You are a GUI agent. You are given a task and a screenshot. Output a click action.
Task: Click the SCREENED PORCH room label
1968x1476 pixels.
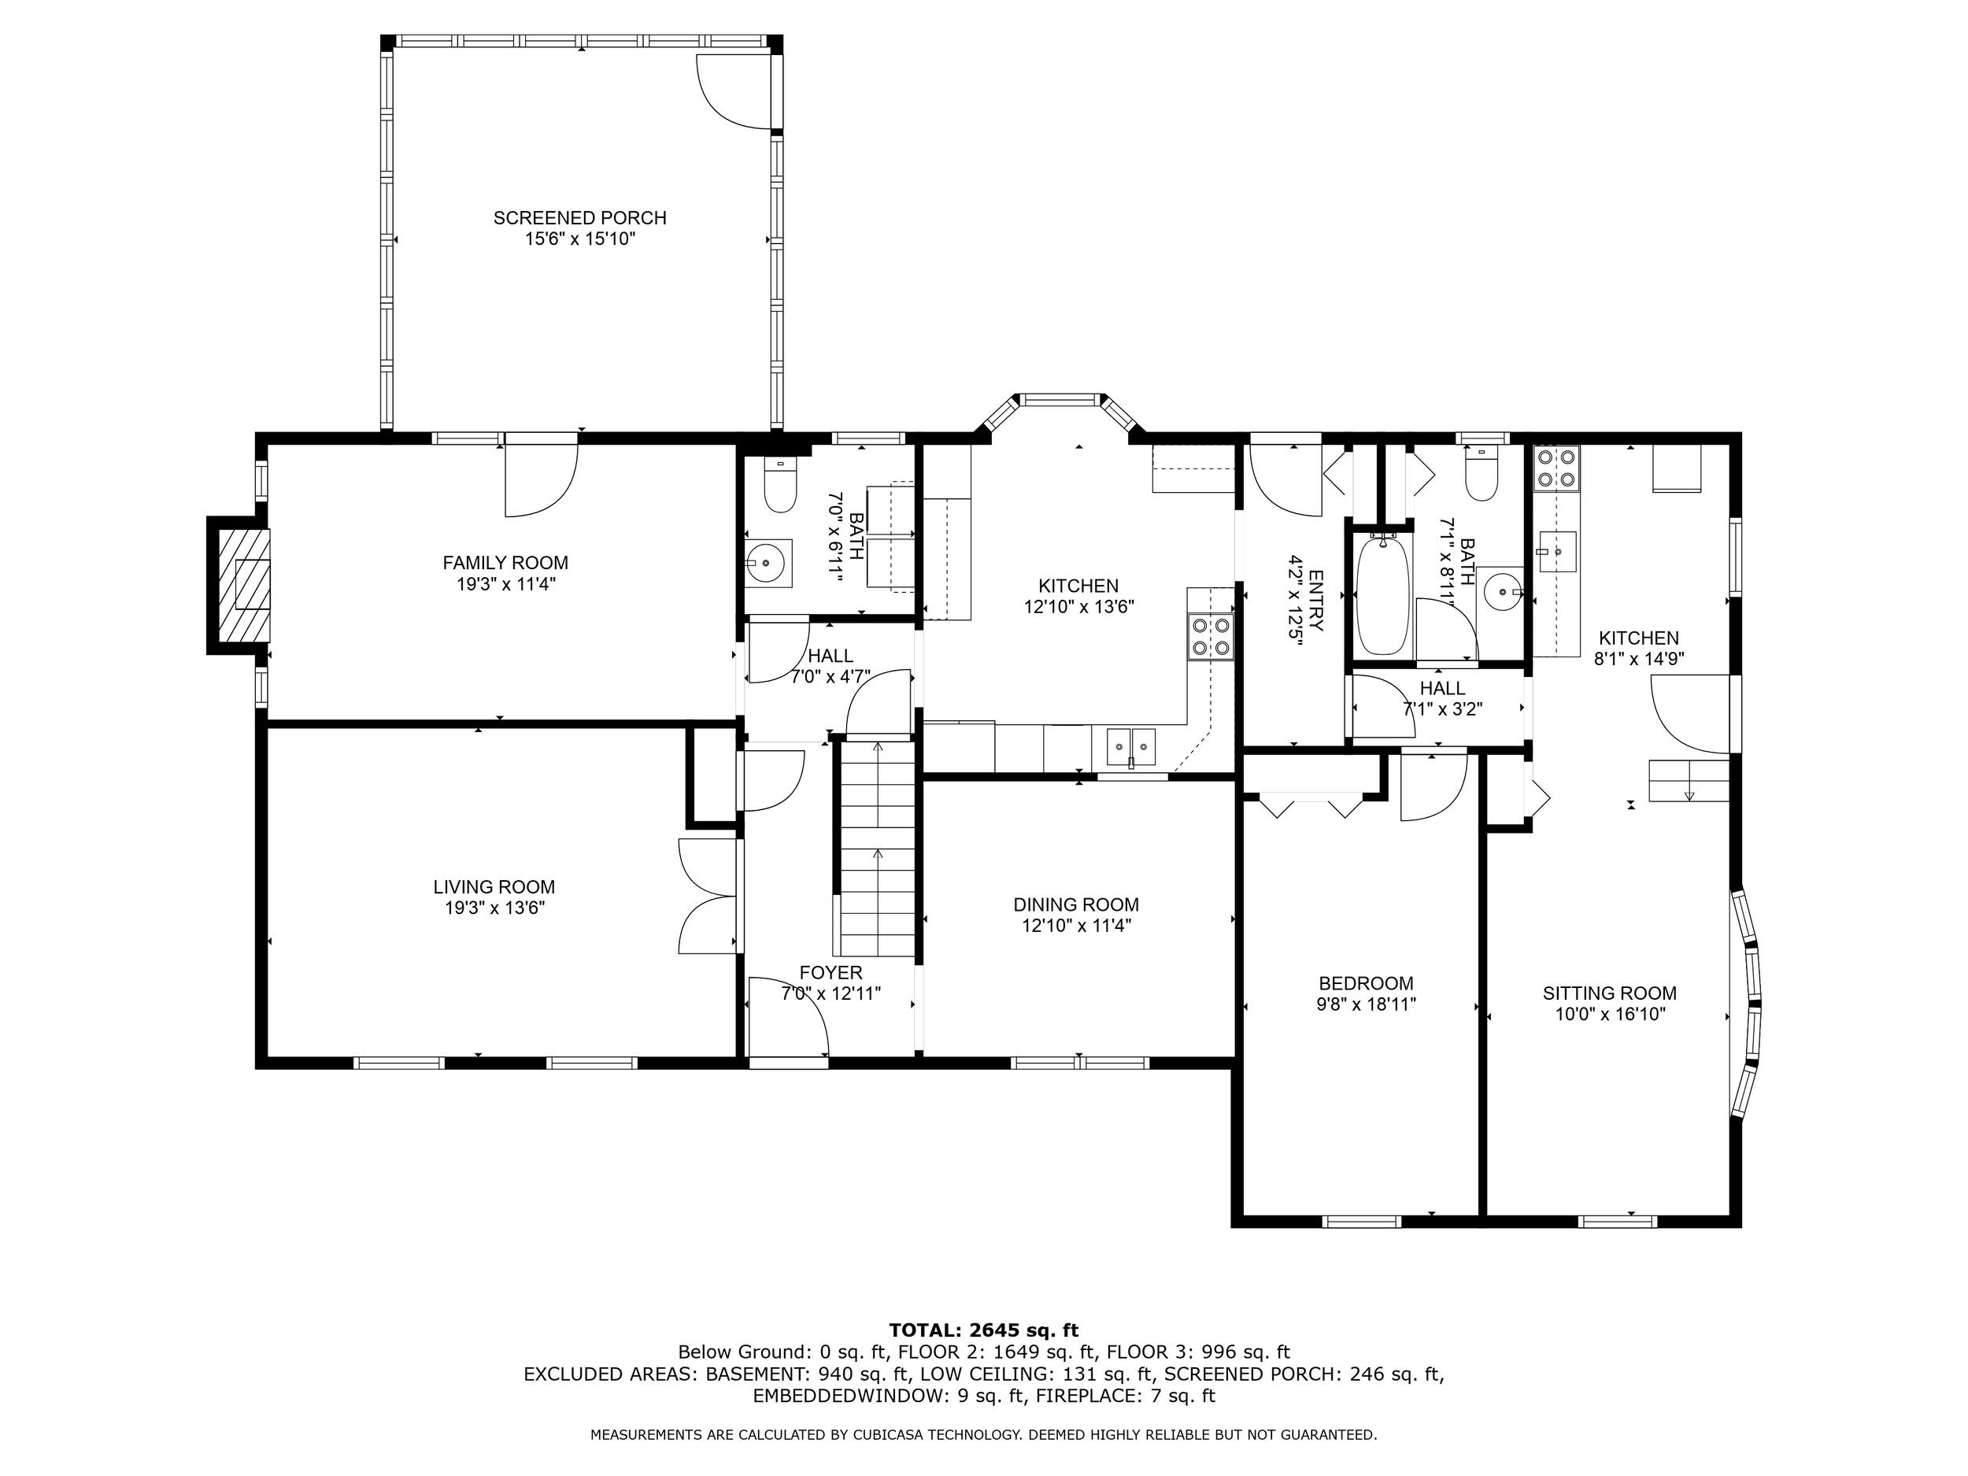580,218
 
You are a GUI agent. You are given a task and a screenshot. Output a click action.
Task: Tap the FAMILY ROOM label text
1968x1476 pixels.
505,562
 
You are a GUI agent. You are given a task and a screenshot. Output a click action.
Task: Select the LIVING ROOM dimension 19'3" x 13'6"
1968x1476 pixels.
494,908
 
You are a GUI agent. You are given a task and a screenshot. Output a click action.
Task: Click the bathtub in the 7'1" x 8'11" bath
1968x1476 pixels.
1382,594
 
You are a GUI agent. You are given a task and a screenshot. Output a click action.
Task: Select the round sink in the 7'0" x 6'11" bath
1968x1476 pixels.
765,563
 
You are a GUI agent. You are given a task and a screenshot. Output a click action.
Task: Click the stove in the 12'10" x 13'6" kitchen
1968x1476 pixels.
1211,637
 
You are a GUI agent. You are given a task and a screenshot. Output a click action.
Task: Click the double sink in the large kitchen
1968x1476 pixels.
1130,745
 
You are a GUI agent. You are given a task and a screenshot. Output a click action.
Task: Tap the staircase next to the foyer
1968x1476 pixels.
877,847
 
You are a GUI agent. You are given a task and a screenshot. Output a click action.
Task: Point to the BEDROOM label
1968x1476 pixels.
1366,984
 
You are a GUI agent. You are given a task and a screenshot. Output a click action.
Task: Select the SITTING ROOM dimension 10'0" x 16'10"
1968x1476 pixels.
1610,1014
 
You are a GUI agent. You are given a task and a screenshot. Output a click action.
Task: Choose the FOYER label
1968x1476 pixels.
831,972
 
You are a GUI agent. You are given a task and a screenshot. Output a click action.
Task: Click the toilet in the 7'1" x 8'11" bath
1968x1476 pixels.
1482,478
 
